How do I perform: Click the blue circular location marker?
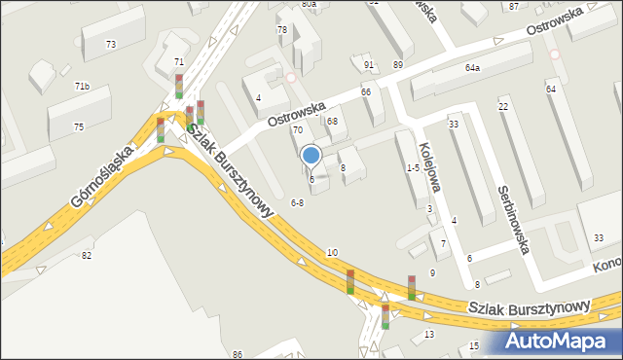click(x=311, y=155)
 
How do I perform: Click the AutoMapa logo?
click(x=562, y=342)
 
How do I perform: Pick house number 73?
click(x=111, y=45)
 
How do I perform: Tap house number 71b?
click(x=82, y=87)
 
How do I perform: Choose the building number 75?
click(x=78, y=126)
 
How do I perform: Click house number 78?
click(x=282, y=30)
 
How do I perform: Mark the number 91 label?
click(x=369, y=65)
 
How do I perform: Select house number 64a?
click(x=473, y=68)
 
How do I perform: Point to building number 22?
click(x=503, y=106)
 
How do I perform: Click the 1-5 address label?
click(x=413, y=167)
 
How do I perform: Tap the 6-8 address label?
click(x=298, y=202)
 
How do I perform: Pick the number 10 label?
click(x=332, y=252)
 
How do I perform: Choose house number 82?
click(x=87, y=255)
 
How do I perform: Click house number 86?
click(x=238, y=354)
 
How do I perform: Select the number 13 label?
click(x=429, y=335)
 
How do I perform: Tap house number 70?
click(x=298, y=129)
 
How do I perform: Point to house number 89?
click(x=397, y=64)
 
